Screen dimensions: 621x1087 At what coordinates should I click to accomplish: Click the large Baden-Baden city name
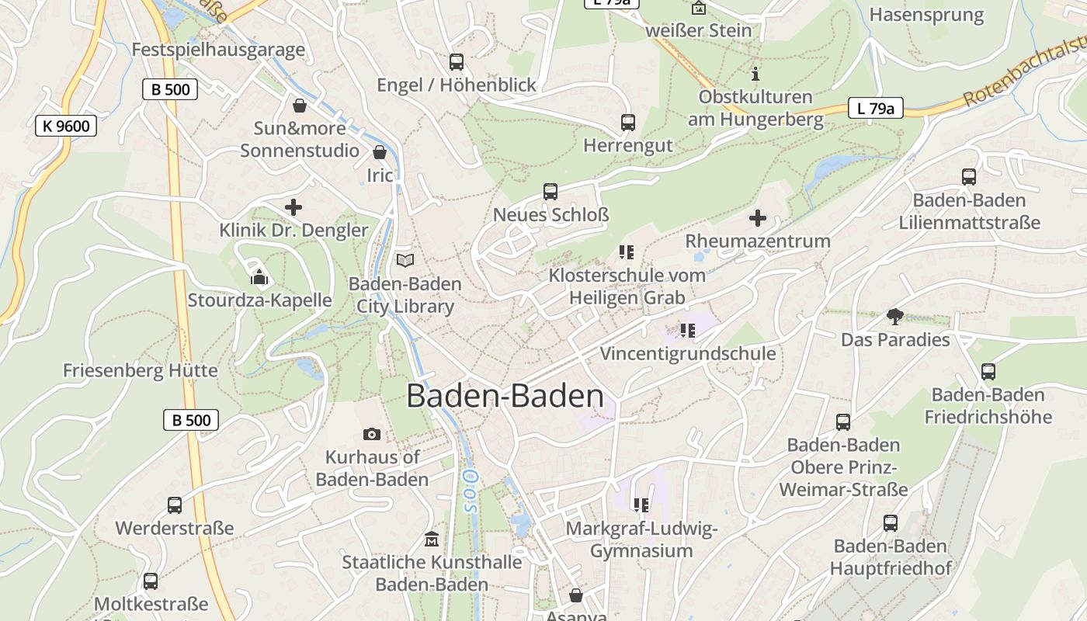click(x=505, y=396)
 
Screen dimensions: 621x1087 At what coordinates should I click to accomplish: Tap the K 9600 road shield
click(x=66, y=126)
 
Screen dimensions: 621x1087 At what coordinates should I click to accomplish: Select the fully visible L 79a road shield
click(x=875, y=108)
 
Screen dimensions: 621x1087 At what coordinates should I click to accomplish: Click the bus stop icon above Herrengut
click(x=627, y=123)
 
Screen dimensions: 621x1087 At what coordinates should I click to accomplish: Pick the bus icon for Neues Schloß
click(x=550, y=192)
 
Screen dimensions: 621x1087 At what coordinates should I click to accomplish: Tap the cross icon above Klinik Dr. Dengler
click(x=293, y=207)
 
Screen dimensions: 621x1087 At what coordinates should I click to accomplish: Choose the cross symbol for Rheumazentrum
click(x=757, y=218)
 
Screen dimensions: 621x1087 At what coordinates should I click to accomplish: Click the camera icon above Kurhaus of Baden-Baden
click(x=372, y=435)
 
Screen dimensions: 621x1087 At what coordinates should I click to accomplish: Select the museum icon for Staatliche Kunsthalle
click(x=432, y=539)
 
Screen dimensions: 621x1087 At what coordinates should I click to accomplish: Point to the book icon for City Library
click(x=405, y=261)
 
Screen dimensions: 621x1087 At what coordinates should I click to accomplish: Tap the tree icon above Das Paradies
click(x=894, y=317)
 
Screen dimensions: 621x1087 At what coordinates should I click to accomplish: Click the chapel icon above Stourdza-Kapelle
click(x=259, y=277)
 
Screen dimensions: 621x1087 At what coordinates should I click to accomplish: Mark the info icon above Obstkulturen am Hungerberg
click(x=755, y=75)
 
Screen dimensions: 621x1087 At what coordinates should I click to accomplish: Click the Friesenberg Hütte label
click(x=141, y=370)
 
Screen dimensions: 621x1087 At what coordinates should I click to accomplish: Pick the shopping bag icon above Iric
click(x=380, y=152)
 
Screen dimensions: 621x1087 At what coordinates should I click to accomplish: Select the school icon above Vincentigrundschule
click(x=687, y=331)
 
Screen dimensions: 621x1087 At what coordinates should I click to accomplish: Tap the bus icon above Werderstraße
click(x=175, y=505)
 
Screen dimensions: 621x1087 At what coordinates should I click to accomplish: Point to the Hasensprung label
click(x=926, y=15)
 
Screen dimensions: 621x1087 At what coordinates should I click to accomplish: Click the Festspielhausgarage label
click(x=218, y=50)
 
